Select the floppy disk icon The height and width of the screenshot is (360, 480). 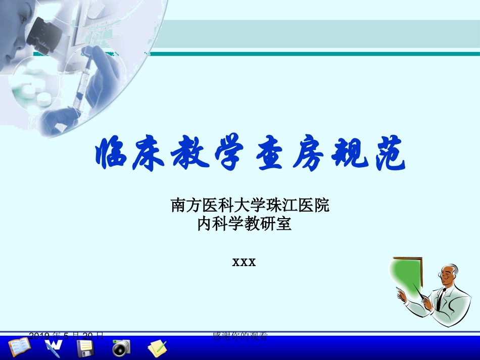[x=85, y=348]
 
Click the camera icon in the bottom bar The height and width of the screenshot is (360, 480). [x=121, y=347]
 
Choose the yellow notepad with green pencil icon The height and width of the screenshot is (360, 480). [x=157, y=348]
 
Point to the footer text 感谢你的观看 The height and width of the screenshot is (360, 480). [x=240, y=335]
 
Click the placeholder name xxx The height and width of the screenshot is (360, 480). [x=244, y=262]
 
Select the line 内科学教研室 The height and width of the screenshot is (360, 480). [x=245, y=224]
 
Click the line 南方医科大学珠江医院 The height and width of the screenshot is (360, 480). [x=250, y=205]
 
